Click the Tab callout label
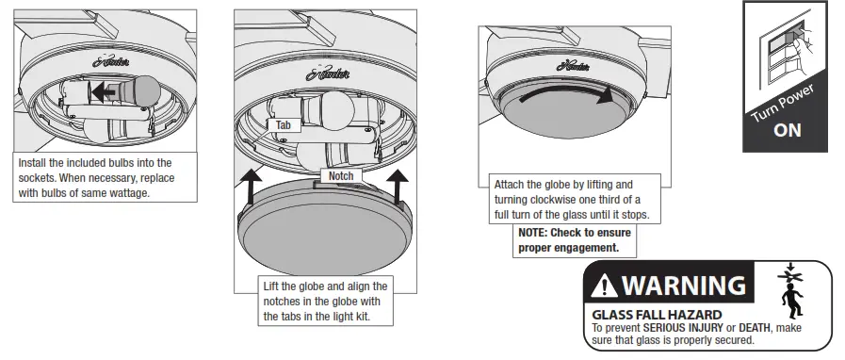(x=284, y=124)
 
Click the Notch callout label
(x=341, y=176)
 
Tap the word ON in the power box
(x=787, y=130)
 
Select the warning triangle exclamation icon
(x=605, y=285)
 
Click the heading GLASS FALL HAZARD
(x=657, y=314)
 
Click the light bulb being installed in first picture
(x=136, y=92)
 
